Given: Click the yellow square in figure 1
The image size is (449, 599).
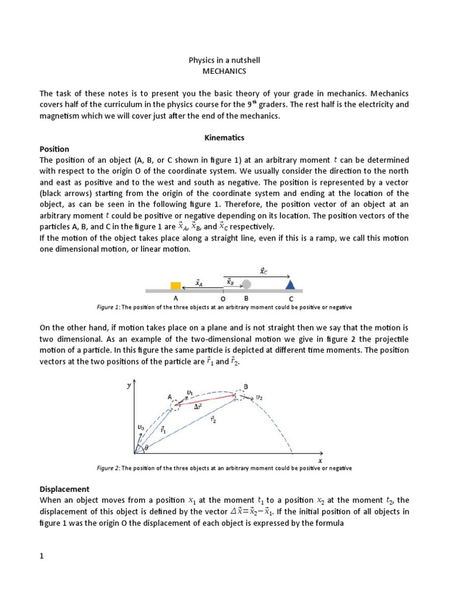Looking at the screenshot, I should click(x=175, y=285).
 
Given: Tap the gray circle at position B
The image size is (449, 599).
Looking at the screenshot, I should click(x=247, y=285).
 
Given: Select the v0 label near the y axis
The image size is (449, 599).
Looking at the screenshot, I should click(x=140, y=428).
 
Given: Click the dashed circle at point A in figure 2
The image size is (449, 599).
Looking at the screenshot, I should click(x=175, y=405).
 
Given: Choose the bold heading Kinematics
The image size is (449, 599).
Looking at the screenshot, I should click(x=224, y=138).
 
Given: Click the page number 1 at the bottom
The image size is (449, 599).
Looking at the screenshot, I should click(x=42, y=556).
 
